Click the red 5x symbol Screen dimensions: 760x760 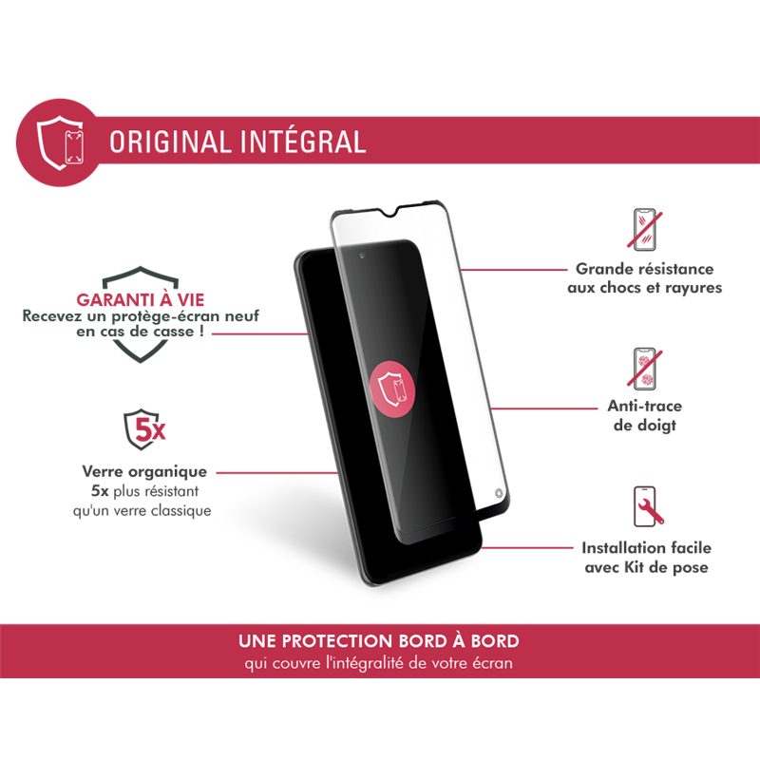(149, 431)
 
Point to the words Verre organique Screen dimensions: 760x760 (144, 471)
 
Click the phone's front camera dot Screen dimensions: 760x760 (363, 256)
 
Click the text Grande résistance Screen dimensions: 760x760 (645, 270)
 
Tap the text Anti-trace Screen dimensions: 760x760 (645, 406)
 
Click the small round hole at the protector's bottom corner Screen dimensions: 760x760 (500, 494)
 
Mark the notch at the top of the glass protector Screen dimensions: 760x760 (408, 219)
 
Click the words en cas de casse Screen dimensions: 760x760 (148, 333)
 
